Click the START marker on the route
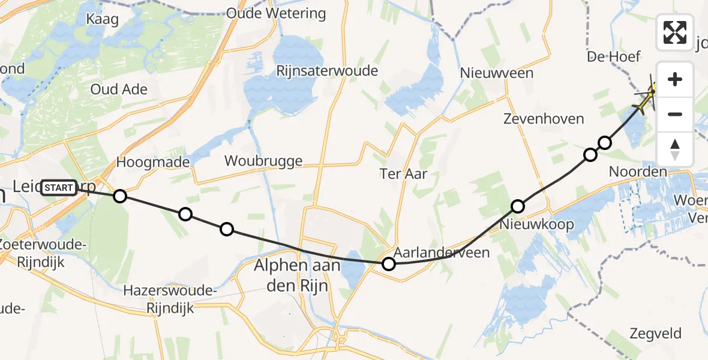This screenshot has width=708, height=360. (59, 188)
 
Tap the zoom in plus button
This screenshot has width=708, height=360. (675, 80)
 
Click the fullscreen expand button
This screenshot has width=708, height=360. (675, 32)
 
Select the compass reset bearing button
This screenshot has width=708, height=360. (675, 148)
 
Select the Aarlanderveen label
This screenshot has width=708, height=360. (442, 253)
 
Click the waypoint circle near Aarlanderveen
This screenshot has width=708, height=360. (389, 264)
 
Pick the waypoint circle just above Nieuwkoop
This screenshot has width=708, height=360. (517, 206)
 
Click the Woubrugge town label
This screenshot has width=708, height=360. (263, 161)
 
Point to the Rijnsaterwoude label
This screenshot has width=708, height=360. (327, 71)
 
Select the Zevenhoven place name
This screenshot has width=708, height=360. (544, 119)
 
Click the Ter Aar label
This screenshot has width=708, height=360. (404, 174)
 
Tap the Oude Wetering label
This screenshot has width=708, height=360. (276, 13)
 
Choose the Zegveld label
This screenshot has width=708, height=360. (656, 334)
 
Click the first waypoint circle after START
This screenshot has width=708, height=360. (120, 196)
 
